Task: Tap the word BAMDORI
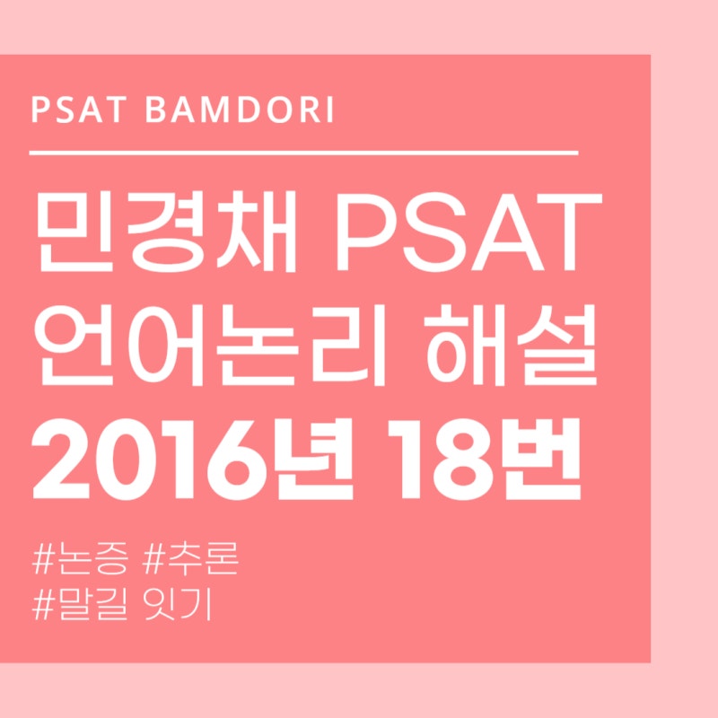(239, 111)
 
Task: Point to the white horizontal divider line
(303, 153)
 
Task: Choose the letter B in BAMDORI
(157, 111)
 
